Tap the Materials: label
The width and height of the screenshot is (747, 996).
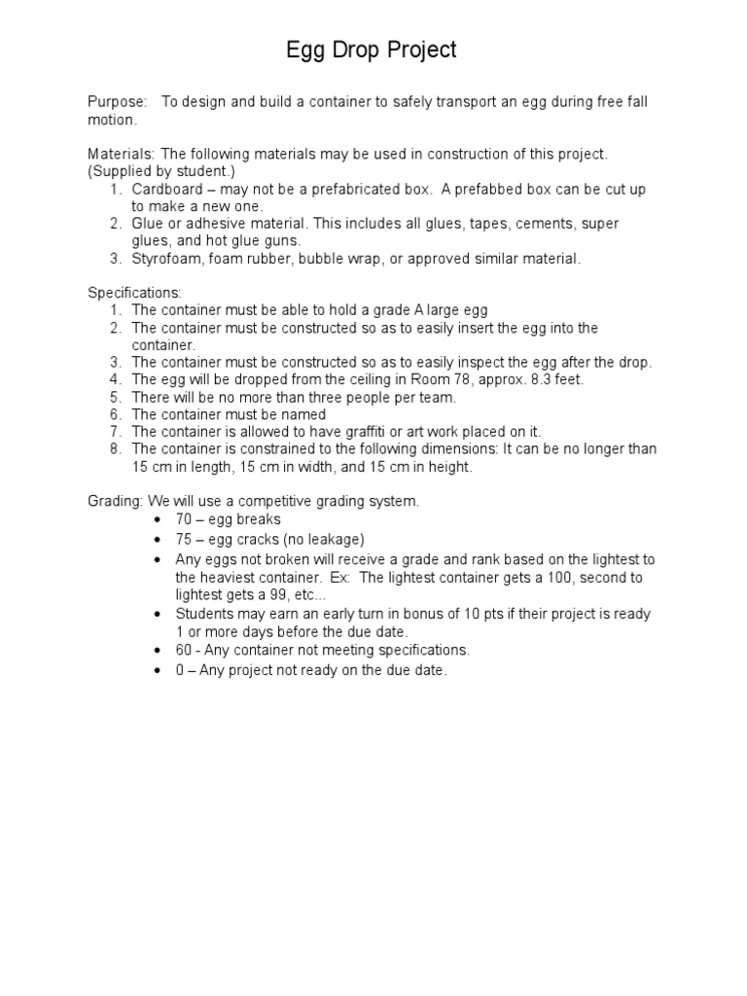tap(122, 154)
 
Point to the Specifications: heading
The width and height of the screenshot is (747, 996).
tap(135, 293)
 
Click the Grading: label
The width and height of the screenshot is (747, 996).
tap(115, 501)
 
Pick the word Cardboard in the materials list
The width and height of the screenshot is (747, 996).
tap(166, 189)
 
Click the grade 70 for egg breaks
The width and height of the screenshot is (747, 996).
tap(185, 519)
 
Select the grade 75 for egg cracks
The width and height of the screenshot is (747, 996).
tap(185, 539)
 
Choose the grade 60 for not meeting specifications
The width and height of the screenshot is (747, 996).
tap(185, 650)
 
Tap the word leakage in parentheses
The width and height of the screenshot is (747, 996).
tap(329, 539)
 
